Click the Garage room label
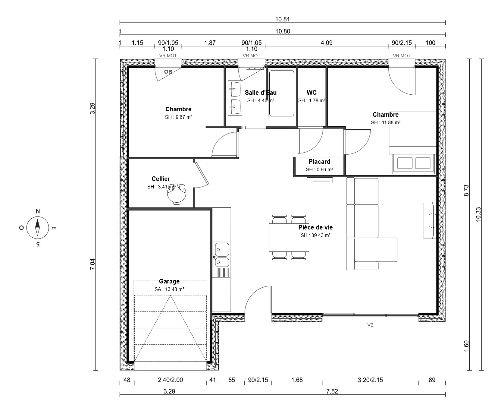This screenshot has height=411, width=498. pyautogui.click(x=169, y=281)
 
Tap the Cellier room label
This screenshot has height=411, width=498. pyautogui.click(x=161, y=179)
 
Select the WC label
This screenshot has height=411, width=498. pyautogui.click(x=312, y=93)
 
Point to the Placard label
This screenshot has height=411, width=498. pyautogui.click(x=319, y=162)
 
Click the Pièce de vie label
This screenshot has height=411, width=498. pyautogui.click(x=315, y=227)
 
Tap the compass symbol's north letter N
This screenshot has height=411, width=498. pyautogui.click(x=38, y=211)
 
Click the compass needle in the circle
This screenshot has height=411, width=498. pyautogui.click(x=37, y=227)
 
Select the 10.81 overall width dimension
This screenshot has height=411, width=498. pyautogui.click(x=282, y=19)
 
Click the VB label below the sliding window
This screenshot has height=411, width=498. pyautogui.click(x=370, y=325)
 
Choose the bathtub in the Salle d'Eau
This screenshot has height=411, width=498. pyautogui.click(x=281, y=93)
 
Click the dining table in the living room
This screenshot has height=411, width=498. pyautogui.click(x=289, y=237)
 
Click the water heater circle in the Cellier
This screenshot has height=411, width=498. pyautogui.click(x=177, y=194)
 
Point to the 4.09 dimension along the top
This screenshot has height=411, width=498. pyautogui.click(x=327, y=43)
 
